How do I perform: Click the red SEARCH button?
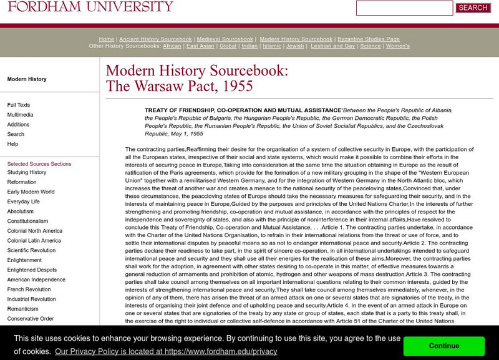pos(473,8)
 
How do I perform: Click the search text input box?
pos(404,8)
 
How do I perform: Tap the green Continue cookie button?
pos(444,346)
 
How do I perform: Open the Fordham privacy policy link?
pos(166,351)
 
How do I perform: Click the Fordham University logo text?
pos(90,7)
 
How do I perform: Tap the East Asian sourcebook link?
pos(200,46)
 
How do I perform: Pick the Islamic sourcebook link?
pos(272,46)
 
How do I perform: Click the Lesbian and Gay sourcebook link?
pos(333,46)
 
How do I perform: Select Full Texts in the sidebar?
pos(19,105)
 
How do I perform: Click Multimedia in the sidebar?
pos(21,115)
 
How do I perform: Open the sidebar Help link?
pos(12,144)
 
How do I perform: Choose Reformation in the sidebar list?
pos(22,182)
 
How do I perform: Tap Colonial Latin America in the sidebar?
pos(34,241)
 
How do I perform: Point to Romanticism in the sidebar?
pos(23,309)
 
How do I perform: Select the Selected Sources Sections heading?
pos(39,164)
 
